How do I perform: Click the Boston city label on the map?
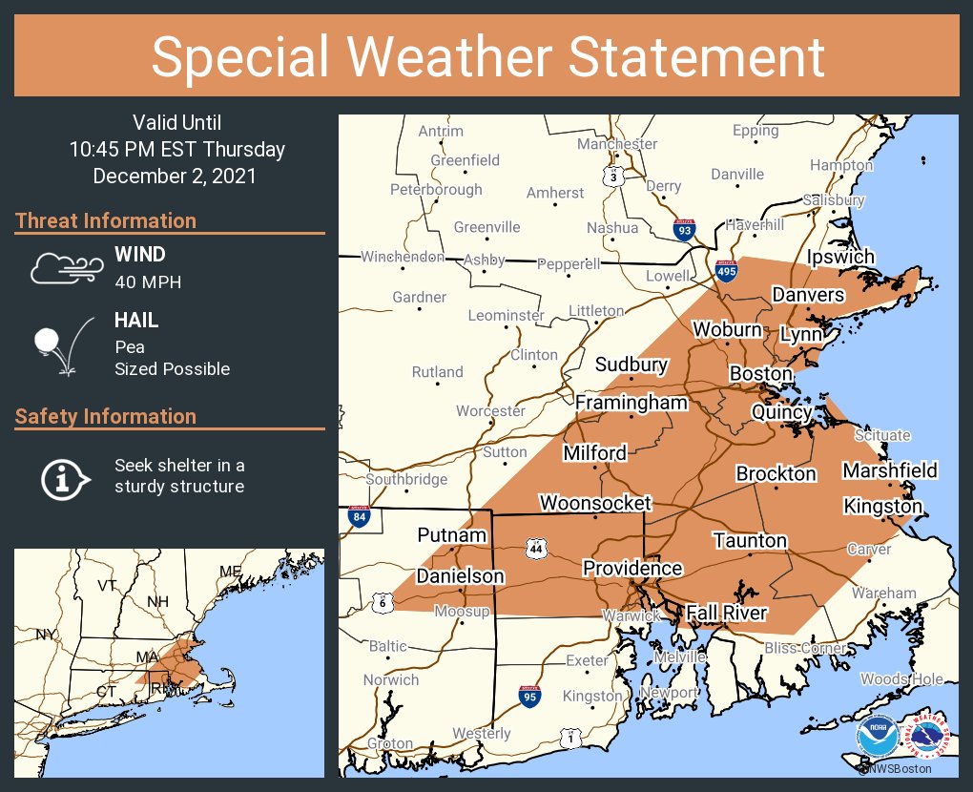coord(760,373)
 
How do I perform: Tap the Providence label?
coord(632,569)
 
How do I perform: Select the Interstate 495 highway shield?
coord(726,272)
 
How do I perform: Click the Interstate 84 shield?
coord(359,517)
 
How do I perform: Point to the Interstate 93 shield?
coord(684,230)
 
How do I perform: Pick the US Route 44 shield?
coord(534,549)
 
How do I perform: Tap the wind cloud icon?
coord(64,268)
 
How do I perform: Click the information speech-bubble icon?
coord(65,476)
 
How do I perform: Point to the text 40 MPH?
coord(148,281)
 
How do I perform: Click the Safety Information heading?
coord(106,416)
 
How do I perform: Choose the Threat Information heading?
coord(106,220)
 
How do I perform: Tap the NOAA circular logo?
coord(877,736)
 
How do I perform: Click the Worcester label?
coord(490,411)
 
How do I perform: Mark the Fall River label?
coord(727,613)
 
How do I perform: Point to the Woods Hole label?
coord(901,679)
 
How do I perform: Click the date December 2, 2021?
coord(175,177)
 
